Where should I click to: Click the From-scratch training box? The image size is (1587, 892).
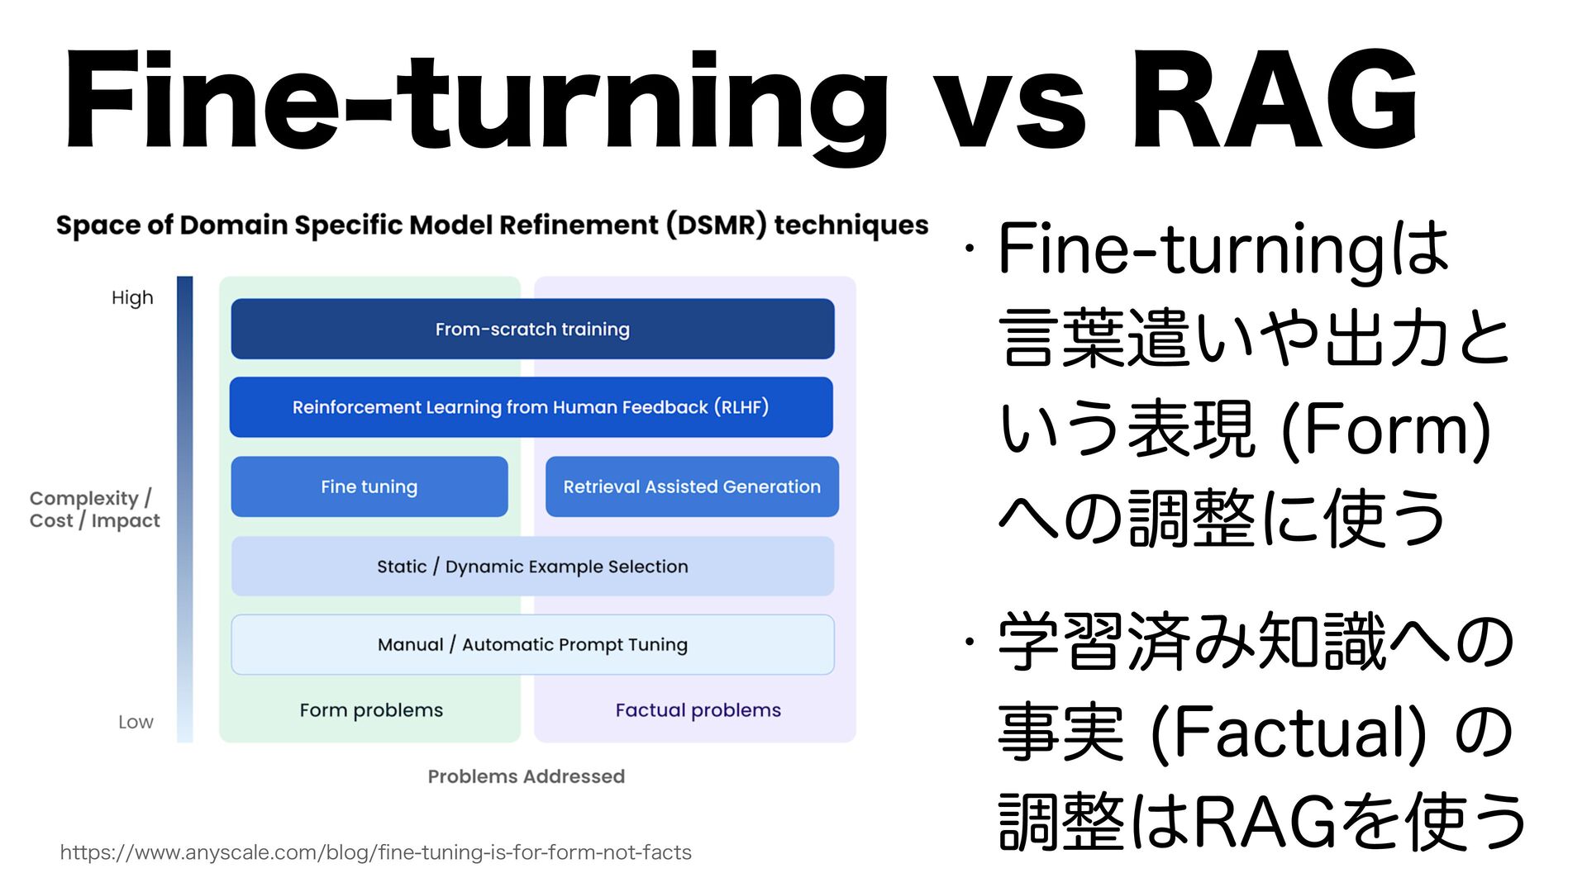click(532, 329)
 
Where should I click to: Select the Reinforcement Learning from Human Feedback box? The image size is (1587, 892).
click(531, 407)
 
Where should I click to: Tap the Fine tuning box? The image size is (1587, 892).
click(369, 486)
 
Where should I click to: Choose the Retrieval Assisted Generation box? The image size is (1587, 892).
click(692, 486)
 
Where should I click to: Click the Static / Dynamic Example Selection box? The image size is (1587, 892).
click(532, 567)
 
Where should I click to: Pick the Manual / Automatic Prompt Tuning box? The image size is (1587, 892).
click(532, 644)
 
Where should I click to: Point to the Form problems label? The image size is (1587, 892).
click(371, 710)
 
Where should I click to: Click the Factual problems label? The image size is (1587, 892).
click(698, 710)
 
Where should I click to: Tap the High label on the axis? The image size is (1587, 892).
click(132, 298)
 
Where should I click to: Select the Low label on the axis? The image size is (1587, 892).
click(136, 722)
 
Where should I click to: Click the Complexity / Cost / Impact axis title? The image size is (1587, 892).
click(94, 510)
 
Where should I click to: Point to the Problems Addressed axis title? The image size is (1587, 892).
click(526, 776)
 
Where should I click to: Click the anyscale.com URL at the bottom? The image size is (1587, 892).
click(375, 852)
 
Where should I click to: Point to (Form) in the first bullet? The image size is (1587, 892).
click(1385, 429)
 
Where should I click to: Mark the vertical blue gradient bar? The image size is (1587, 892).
click(185, 509)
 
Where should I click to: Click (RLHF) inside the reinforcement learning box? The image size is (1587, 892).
click(742, 407)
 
